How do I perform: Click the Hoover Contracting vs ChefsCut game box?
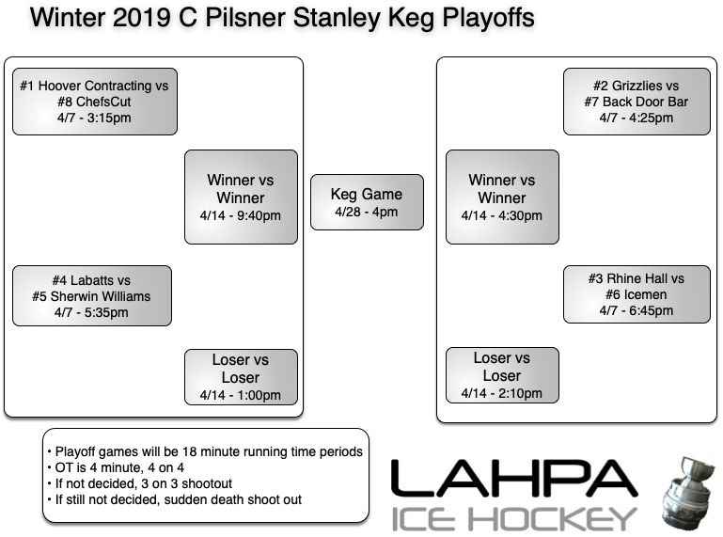point(94,101)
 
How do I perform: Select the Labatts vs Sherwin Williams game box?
point(91,295)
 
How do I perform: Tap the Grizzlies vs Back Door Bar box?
point(636,101)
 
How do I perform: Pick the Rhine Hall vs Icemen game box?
point(636,295)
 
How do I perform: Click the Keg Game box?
point(367,202)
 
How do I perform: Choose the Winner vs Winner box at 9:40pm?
point(241,197)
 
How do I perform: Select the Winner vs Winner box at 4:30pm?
point(502,197)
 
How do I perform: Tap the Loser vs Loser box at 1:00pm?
point(241,376)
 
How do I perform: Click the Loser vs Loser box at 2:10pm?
point(502,375)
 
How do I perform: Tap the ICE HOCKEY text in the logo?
point(514,518)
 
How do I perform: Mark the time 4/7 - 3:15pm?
point(94,118)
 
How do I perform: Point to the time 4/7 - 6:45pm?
point(636,311)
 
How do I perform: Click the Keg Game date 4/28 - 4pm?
point(367,213)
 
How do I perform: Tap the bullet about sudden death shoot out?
point(179,499)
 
